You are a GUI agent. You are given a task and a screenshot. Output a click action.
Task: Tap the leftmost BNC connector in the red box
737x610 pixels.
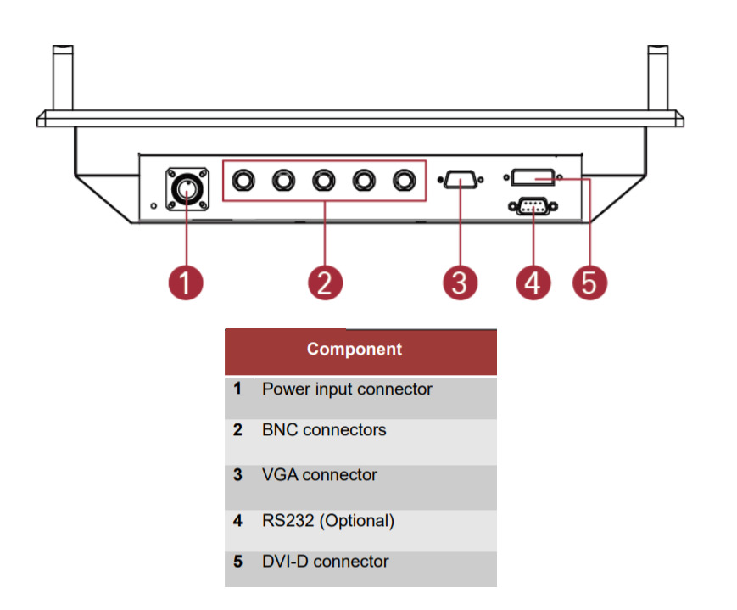click(x=243, y=180)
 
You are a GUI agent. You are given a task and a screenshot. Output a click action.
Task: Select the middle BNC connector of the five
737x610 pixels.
click(x=323, y=180)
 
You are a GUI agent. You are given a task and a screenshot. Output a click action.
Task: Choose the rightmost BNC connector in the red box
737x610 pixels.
click(x=403, y=180)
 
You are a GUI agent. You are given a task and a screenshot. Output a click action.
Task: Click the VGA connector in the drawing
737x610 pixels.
click(x=459, y=180)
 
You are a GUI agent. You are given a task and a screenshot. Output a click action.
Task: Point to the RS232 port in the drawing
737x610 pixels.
click(x=531, y=204)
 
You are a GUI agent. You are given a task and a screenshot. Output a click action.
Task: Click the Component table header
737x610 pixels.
click(x=355, y=350)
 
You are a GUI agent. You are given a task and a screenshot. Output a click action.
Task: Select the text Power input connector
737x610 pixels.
click(x=347, y=389)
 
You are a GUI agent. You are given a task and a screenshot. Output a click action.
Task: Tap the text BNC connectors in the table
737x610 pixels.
click(x=324, y=430)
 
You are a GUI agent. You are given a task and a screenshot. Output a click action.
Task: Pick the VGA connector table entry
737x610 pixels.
click(x=320, y=475)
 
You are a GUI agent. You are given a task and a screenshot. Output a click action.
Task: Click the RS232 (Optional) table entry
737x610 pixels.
click(x=328, y=520)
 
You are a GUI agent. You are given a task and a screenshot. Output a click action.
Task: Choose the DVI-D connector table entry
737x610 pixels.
click(x=326, y=562)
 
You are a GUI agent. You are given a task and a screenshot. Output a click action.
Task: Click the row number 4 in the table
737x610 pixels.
click(x=238, y=520)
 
